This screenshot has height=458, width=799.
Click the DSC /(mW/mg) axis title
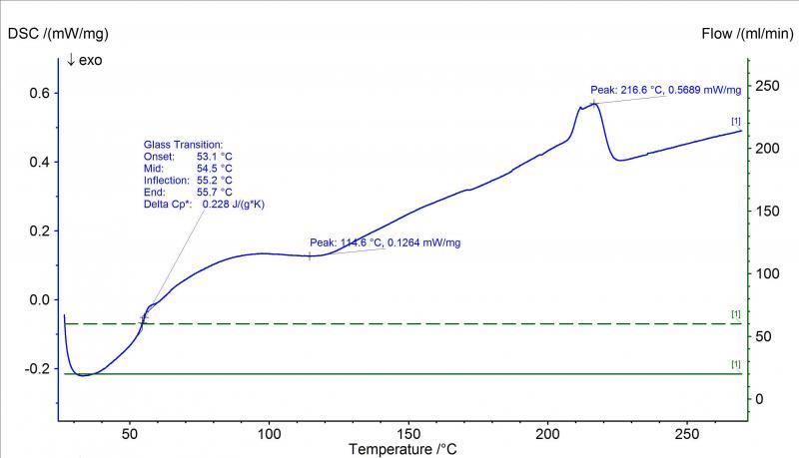[x=58, y=34]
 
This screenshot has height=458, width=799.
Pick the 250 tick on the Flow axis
[x=765, y=87]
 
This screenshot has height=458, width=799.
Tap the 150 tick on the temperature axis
[x=409, y=435]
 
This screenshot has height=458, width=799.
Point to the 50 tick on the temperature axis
[x=130, y=435]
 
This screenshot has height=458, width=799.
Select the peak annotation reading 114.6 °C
[x=385, y=242]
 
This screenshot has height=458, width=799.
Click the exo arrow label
[x=84, y=61]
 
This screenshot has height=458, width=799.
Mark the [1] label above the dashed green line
[x=736, y=314]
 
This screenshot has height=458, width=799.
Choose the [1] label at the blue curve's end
[x=736, y=121]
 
